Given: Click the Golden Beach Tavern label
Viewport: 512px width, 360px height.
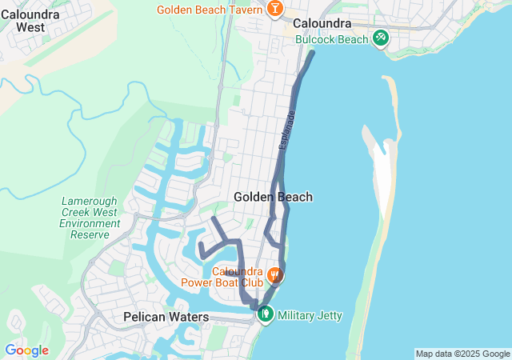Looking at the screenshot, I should click(x=210, y=10).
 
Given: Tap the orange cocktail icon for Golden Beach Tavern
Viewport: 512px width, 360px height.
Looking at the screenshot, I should click(x=274, y=9).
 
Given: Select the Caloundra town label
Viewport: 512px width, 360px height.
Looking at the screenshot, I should click(x=323, y=24).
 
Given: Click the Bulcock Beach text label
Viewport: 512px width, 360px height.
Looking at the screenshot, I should click(x=331, y=38).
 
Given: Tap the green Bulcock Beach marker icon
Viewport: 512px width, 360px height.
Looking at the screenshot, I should click(x=381, y=37).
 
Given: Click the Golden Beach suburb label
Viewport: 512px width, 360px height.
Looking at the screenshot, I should click(x=273, y=197).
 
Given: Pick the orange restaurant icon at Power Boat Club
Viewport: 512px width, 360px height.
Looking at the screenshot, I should click(x=274, y=275).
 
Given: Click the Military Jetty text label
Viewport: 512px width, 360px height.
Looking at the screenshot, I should click(x=310, y=316).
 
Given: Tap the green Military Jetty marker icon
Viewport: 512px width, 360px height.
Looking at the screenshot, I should click(x=265, y=314).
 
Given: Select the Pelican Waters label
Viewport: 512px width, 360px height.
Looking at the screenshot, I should click(x=166, y=318).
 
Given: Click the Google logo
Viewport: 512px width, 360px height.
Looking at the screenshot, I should click(x=26, y=350).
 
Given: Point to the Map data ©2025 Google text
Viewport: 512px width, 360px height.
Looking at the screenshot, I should click(x=462, y=354).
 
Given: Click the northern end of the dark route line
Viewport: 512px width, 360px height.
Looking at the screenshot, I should click(x=312, y=54).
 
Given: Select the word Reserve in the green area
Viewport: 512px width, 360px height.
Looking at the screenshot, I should click(x=90, y=235).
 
